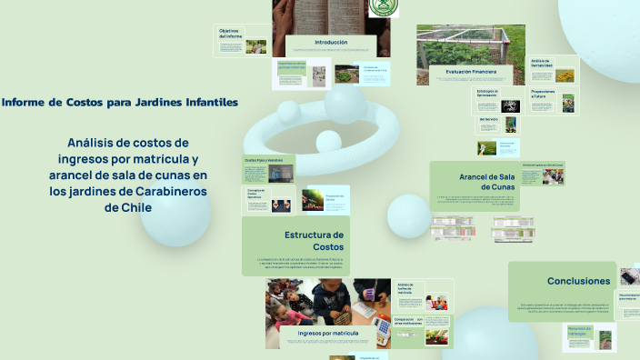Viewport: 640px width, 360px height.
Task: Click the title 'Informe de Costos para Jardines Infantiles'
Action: [120, 103]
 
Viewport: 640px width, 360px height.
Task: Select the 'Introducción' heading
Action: [331, 42]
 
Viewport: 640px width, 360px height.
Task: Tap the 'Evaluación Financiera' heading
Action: [471, 71]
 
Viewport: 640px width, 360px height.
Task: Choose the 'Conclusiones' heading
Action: [578, 281]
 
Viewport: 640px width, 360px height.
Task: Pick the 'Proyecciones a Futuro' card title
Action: [543, 94]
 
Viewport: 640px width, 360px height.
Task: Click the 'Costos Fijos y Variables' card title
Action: [263, 160]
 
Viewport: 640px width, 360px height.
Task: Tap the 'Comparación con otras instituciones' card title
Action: [409, 321]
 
